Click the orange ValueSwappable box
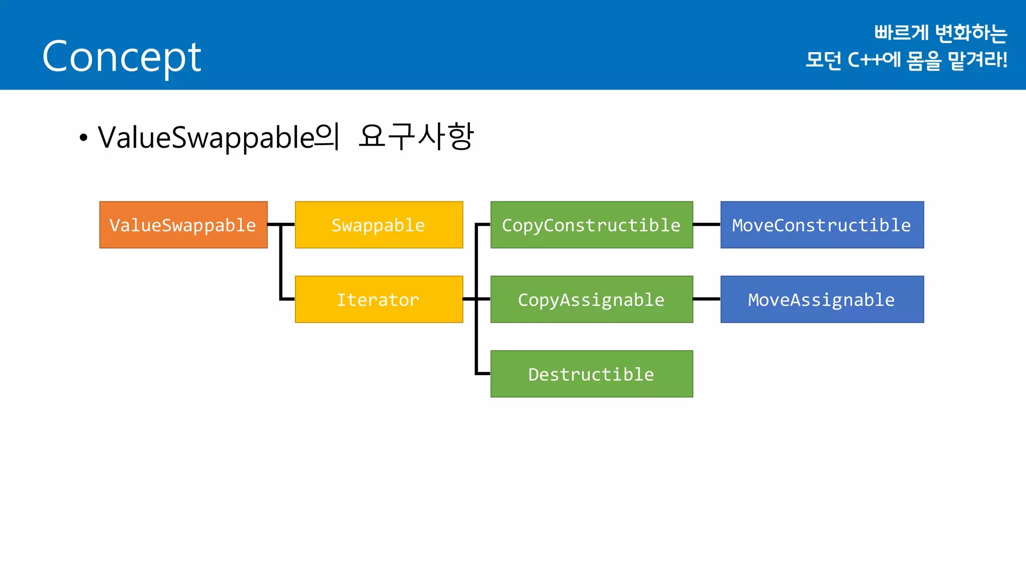[183, 225]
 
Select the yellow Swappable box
[379, 225]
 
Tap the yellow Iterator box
[379, 300]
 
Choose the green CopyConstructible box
[592, 225]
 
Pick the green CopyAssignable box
[592, 300]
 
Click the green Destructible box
[592, 374]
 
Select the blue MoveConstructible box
[822, 225]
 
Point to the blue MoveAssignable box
[822, 300]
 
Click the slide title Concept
[122, 57]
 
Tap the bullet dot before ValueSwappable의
[84, 137]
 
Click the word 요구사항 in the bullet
[416, 136]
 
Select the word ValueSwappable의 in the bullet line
[219, 137]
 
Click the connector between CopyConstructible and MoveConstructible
[707, 225]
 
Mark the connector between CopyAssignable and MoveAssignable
[707, 299]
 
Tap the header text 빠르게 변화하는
[940, 33]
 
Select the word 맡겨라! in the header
[977, 60]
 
